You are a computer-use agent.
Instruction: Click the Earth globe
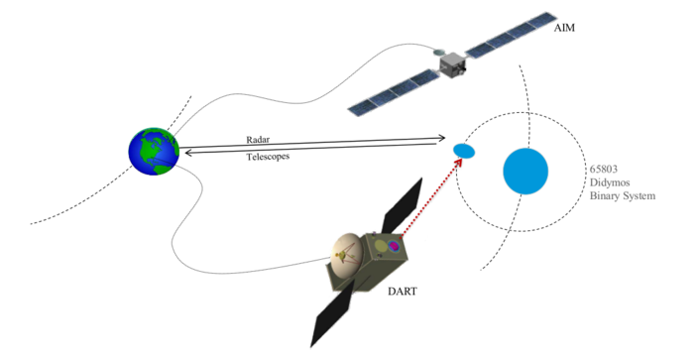[154, 152]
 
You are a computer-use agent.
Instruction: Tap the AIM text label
[566, 31]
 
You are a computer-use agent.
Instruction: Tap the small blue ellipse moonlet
[463, 150]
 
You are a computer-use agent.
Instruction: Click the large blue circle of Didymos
[525, 171]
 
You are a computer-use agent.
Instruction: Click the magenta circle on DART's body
[393, 246]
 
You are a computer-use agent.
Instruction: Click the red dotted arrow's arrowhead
[460, 162]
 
